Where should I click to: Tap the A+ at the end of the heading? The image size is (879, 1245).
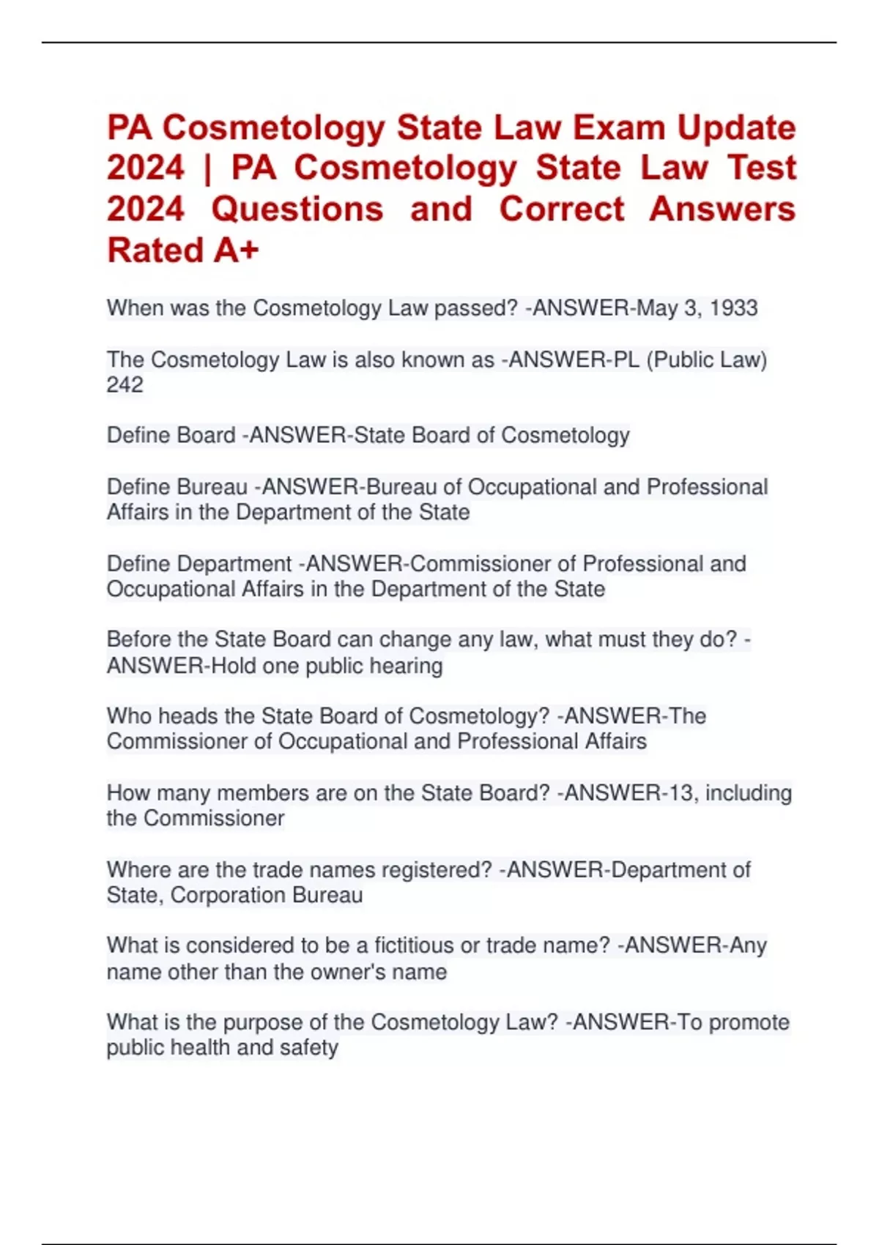coord(237,250)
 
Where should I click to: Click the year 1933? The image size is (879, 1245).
coord(733,308)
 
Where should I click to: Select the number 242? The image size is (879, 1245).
coord(125,385)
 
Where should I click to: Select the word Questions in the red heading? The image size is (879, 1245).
coord(297,209)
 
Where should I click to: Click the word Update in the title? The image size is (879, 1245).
coord(736,128)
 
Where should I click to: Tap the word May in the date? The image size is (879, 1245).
coord(656,308)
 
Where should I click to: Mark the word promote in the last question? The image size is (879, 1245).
coord(749,1022)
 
